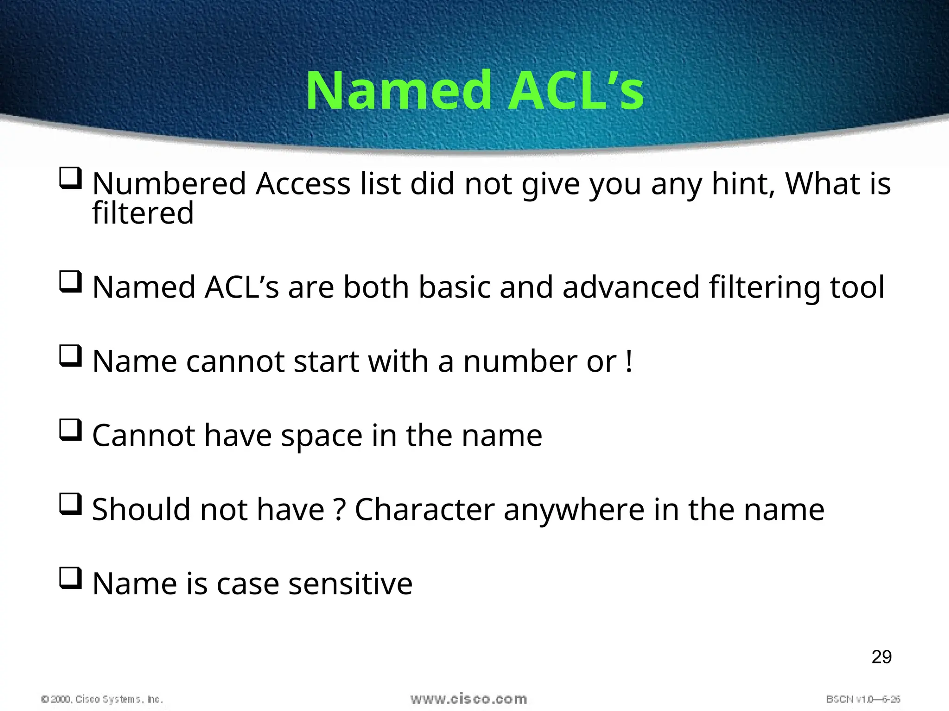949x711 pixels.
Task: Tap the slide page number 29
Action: coord(881,657)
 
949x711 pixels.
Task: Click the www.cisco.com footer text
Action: coord(468,699)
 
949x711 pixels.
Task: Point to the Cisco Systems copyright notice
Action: coord(102,699)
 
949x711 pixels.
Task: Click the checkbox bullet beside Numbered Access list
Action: coord(70,178)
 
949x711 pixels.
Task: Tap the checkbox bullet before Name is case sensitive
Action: coord(70,578)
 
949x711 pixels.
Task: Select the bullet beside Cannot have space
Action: coord(70,430)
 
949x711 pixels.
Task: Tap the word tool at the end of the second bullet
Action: coord(857,287)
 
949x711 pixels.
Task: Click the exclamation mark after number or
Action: coord(628,361)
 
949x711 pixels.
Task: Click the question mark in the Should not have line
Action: coord(340,509)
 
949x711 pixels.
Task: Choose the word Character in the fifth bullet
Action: coord(424,509)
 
